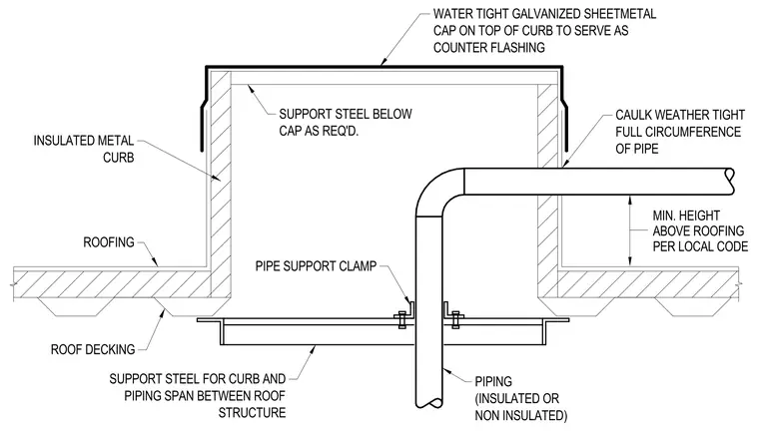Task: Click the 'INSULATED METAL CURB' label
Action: coord(84,149)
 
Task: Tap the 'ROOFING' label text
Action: coord(109,241)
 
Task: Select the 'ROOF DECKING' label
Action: coord(93,349)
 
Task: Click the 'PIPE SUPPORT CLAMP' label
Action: coord(316,266)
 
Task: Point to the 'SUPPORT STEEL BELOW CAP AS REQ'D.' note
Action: coord(346,123)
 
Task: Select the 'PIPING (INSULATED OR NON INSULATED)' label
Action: coord(521,398)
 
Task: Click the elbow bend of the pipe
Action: coord(435,190)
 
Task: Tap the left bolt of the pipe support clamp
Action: coord(402,319)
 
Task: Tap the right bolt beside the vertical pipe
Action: coord(455,319)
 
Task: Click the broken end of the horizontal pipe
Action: coord(729,182)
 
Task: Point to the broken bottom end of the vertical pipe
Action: coord(428,402)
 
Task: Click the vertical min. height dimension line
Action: coord(630,230)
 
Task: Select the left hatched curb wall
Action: coord(221,184)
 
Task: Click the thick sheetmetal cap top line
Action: coord(384,67)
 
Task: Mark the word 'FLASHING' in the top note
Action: coord(517,48)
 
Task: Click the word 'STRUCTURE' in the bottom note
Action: coord(252,413)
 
